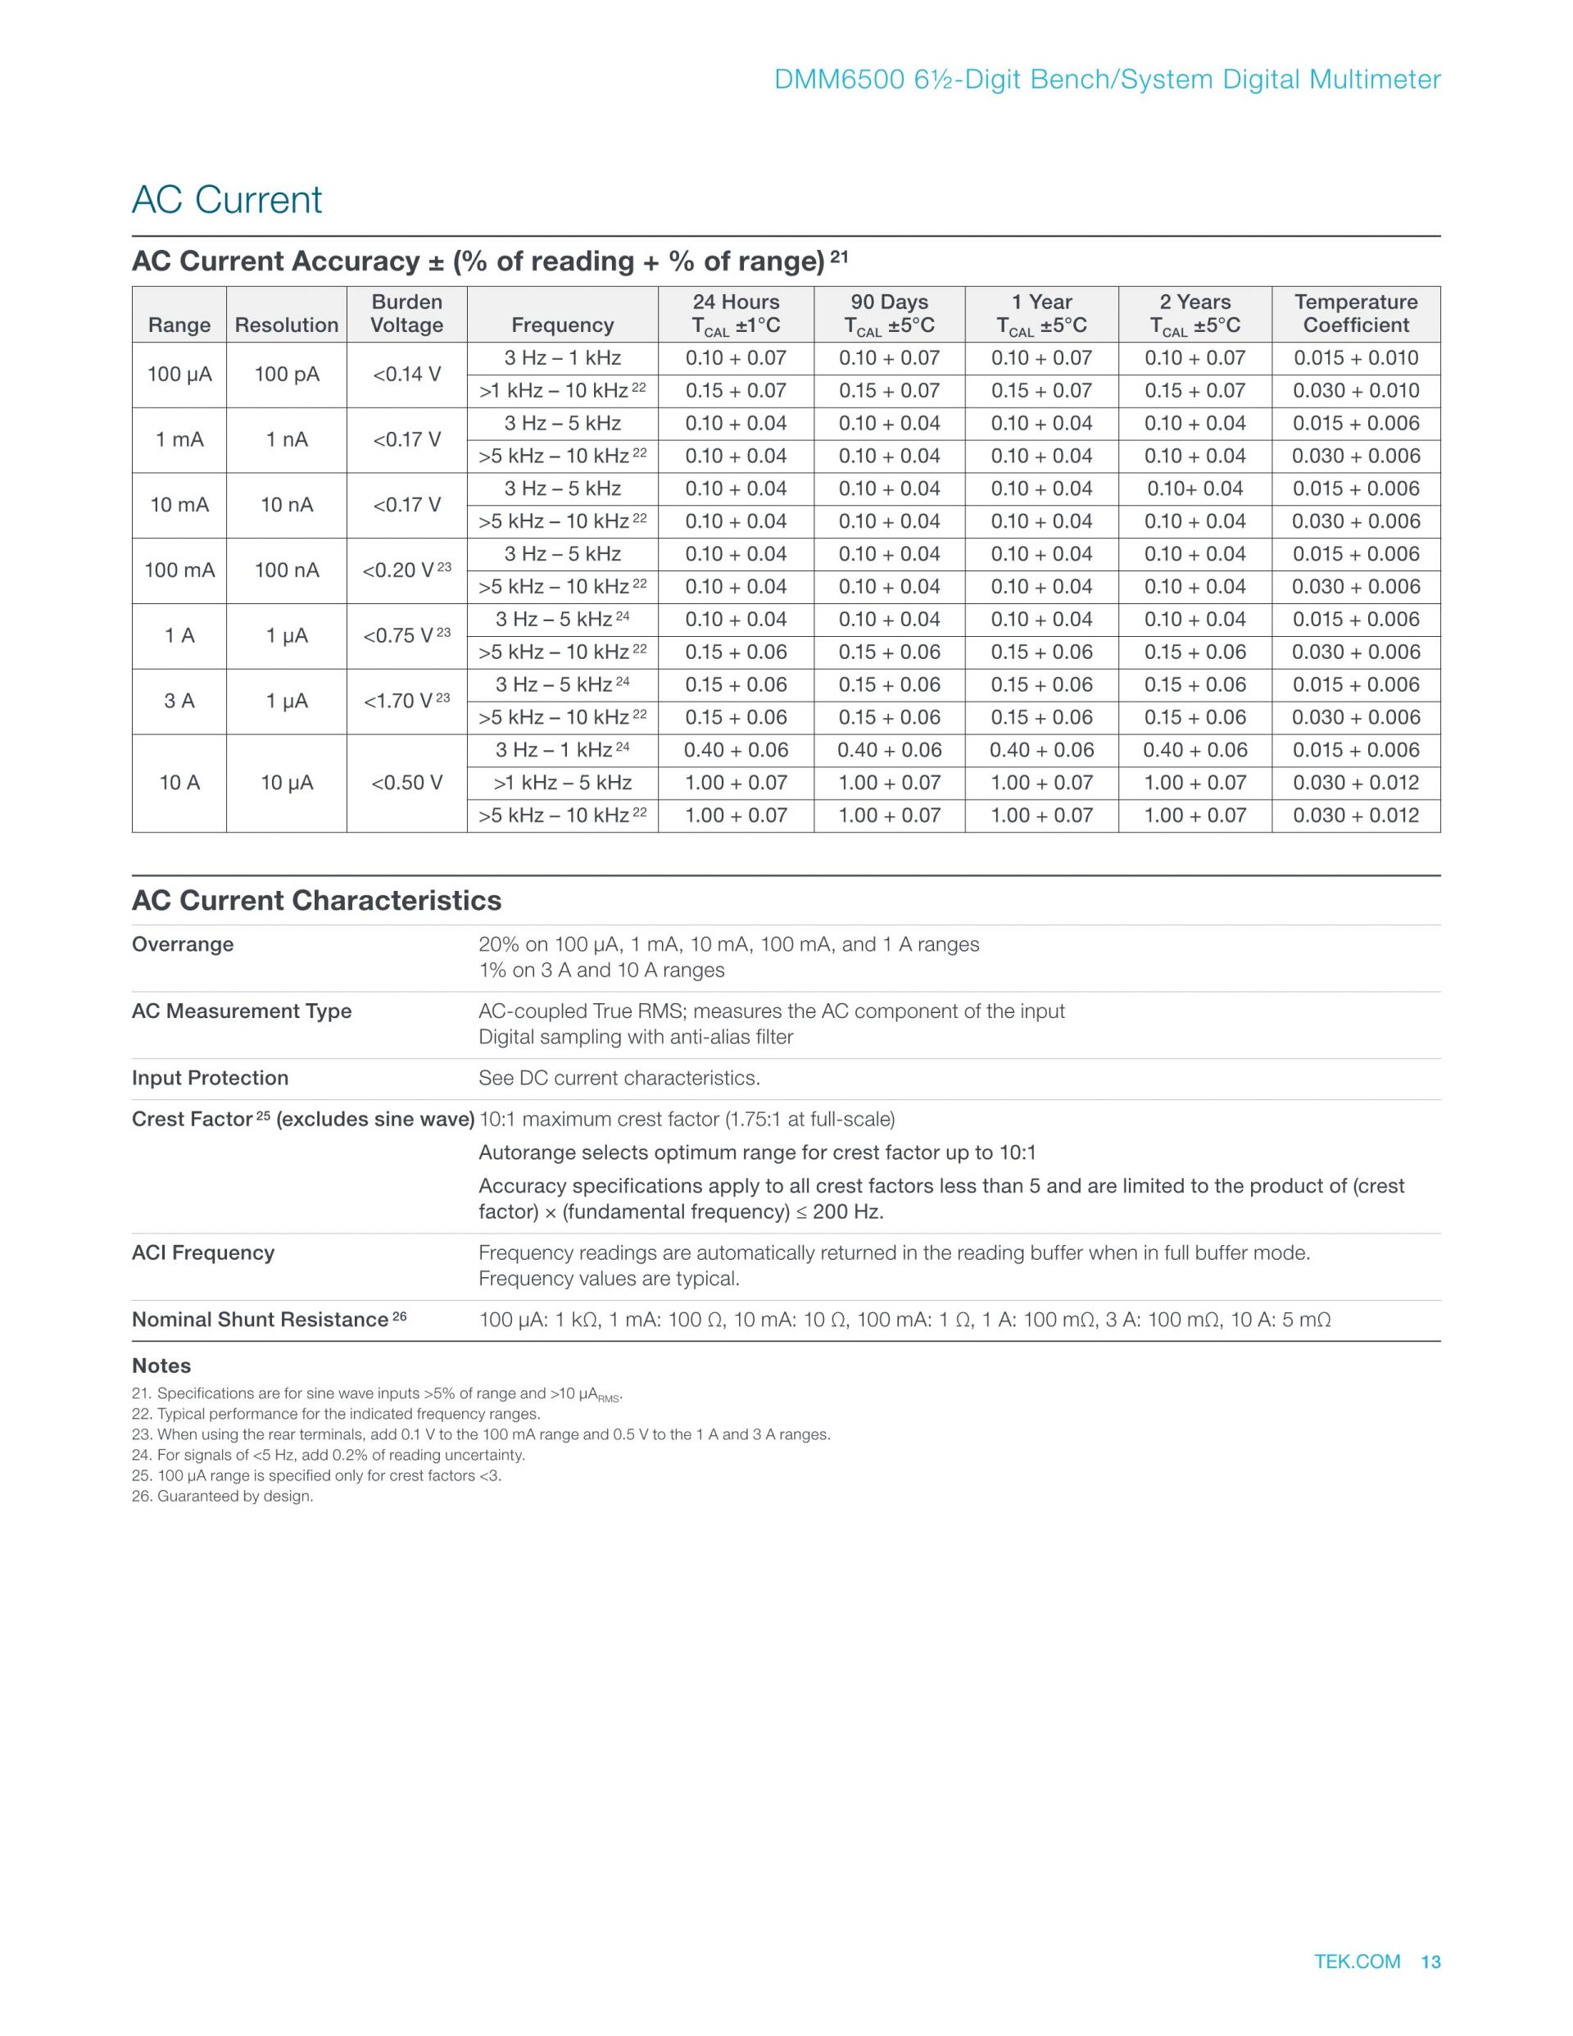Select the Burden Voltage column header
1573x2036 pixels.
[406, 313]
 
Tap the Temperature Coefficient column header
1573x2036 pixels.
[1355, 313]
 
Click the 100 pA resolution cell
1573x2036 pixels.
[286, 375]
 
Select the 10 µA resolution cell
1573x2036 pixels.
[286, 783]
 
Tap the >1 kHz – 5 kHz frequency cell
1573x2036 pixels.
[562, 783]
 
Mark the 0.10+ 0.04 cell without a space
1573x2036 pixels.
[1194, 489]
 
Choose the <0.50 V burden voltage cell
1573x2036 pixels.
[406, 783]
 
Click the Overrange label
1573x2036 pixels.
[183, 944]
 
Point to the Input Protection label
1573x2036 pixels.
[210, 1078]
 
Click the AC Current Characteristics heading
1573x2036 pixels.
[316, 901]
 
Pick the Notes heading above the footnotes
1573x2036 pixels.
[161, 1366]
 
